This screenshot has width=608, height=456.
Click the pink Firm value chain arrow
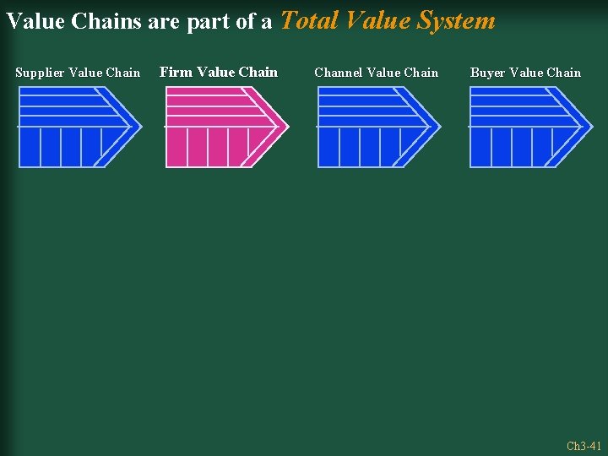click(220, 127)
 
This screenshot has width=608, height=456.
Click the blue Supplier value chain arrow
click(72, 127)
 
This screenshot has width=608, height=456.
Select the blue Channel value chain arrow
click(372, 127)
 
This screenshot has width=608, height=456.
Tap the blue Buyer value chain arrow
click(524, 127)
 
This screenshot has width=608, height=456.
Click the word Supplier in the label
click(40, 73)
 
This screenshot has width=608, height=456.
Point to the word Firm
click(176, 72)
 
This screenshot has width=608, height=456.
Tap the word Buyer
click(487, 73)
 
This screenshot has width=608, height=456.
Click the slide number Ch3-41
click(584, 446)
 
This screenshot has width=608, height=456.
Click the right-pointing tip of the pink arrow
click(287, 127)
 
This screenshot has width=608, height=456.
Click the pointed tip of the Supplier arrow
click(140, 127)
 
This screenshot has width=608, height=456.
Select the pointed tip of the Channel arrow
click(439, 127)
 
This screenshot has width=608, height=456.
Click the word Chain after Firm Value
click(258, 72)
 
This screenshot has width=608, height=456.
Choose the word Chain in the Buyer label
click(563, 73)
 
